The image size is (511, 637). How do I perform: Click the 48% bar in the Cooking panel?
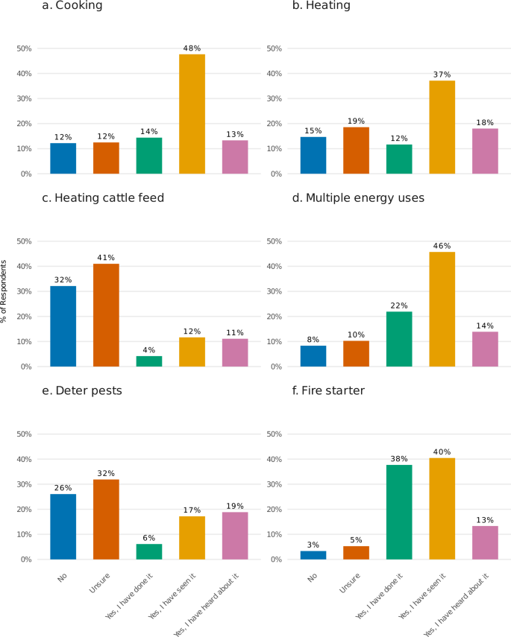192,114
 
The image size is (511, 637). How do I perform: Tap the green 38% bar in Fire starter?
399,512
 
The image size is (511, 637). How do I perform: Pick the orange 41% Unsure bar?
106,315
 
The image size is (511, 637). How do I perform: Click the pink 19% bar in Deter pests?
235,535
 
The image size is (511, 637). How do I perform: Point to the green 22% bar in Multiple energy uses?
399,339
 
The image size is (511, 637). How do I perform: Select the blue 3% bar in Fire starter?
313,555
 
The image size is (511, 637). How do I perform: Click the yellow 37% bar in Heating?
442,127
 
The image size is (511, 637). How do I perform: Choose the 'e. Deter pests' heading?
87,391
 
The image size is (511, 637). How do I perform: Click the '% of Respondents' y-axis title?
4,291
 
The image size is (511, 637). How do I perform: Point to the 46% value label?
442,246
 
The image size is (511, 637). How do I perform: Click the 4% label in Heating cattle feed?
149,350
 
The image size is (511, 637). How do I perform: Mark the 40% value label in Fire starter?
442,451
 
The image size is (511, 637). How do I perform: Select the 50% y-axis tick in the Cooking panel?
24,48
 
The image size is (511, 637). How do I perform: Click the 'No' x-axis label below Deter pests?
64,576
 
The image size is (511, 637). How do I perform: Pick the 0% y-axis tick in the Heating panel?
274,174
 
